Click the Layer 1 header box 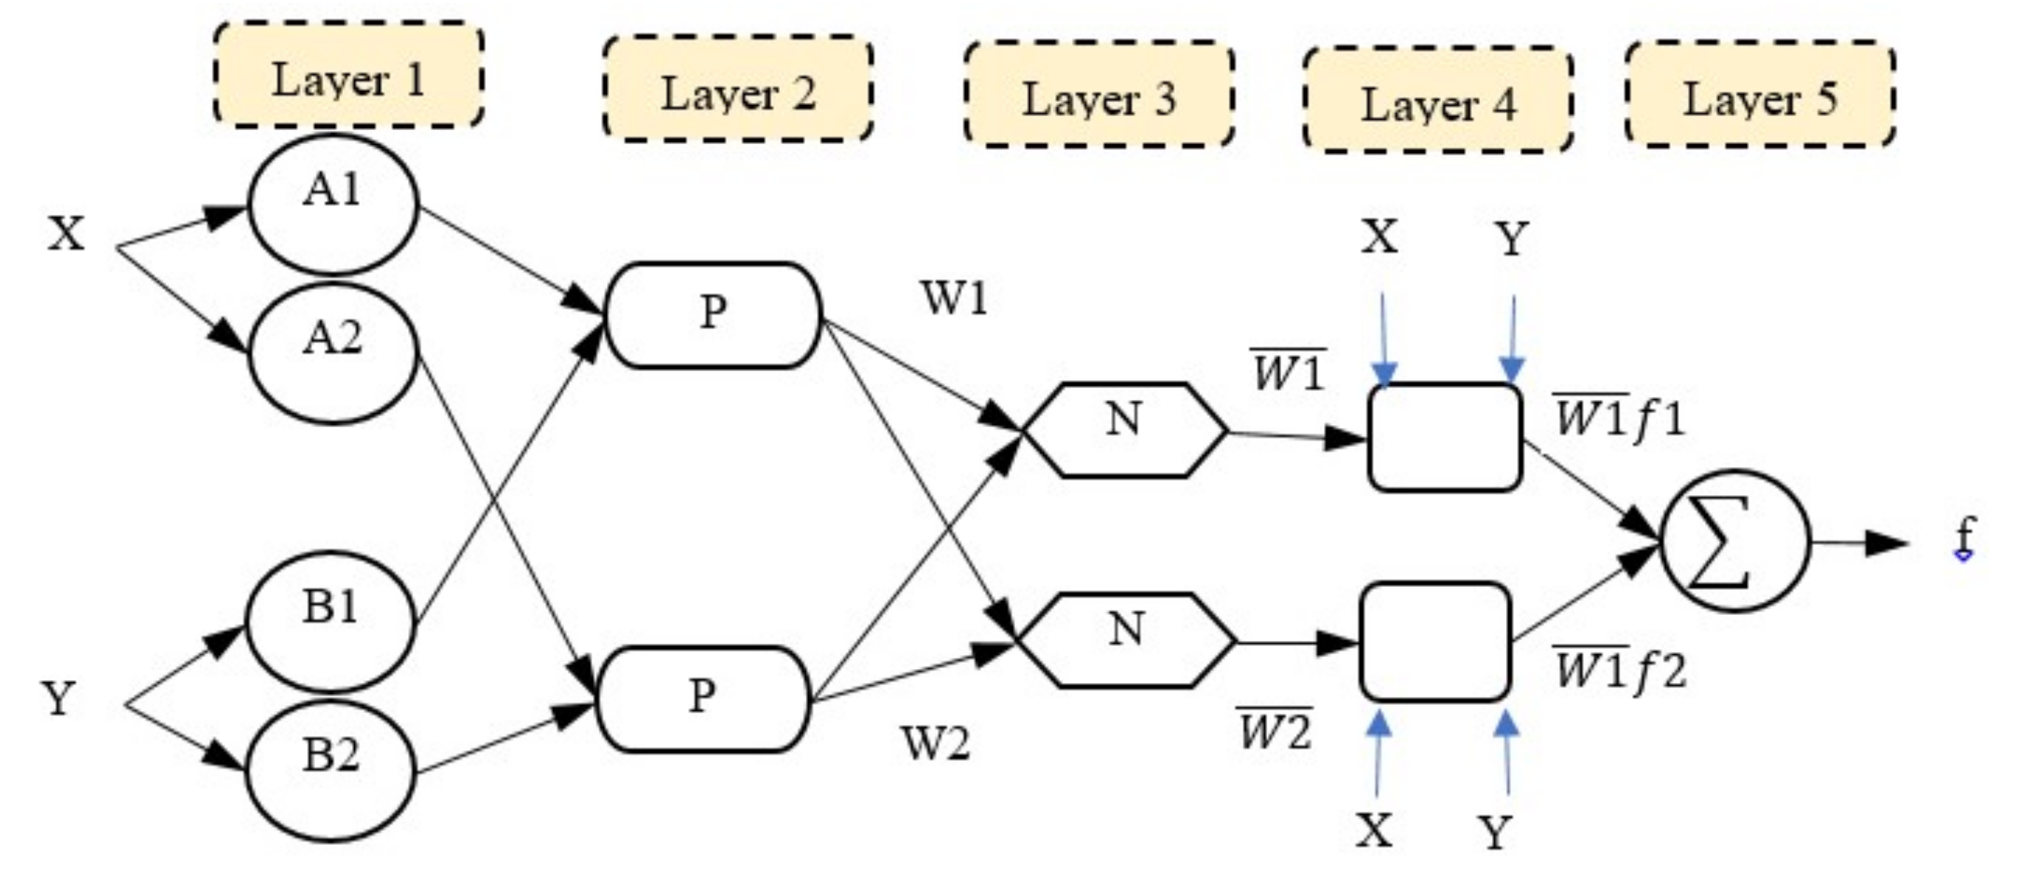(x=348, y=76)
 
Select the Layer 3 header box (x=1098, y=95)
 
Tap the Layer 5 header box (x=1760, y=95)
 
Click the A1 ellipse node (x=333, y=204)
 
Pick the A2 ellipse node (x=333, y=353)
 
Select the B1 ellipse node (x=330, y=621)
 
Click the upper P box (x=713, y=314)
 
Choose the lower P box (x=703, y=698)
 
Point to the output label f (x=1964, y=538)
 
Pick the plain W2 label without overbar (x=935, y=744)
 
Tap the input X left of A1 (x=66, y=234)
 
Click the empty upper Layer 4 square (x=1445, y=438)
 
